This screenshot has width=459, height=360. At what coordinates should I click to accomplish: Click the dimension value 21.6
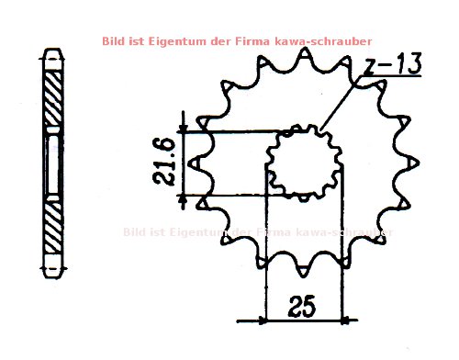point(166,163)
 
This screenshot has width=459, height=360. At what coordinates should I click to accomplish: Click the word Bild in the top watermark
point(115,40)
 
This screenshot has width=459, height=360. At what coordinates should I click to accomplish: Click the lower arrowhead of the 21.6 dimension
point(184,199)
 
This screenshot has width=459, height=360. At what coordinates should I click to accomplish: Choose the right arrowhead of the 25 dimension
point(341,321)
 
